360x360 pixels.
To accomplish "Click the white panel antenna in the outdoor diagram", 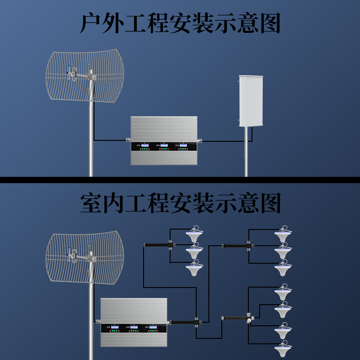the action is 250,101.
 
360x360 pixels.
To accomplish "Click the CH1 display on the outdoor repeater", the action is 145,145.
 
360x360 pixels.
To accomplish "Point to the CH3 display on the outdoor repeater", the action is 183,145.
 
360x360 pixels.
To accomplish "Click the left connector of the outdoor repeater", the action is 128,140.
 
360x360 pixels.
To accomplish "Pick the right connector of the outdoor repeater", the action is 200,140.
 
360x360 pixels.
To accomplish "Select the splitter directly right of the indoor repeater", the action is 184,322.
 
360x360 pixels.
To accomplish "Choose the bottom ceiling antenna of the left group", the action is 194,269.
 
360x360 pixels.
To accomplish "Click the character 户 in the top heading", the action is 90,23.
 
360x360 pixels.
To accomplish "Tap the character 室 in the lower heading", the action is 90,203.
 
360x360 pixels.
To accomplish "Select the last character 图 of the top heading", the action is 270,23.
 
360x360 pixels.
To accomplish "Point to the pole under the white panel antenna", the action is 246,153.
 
